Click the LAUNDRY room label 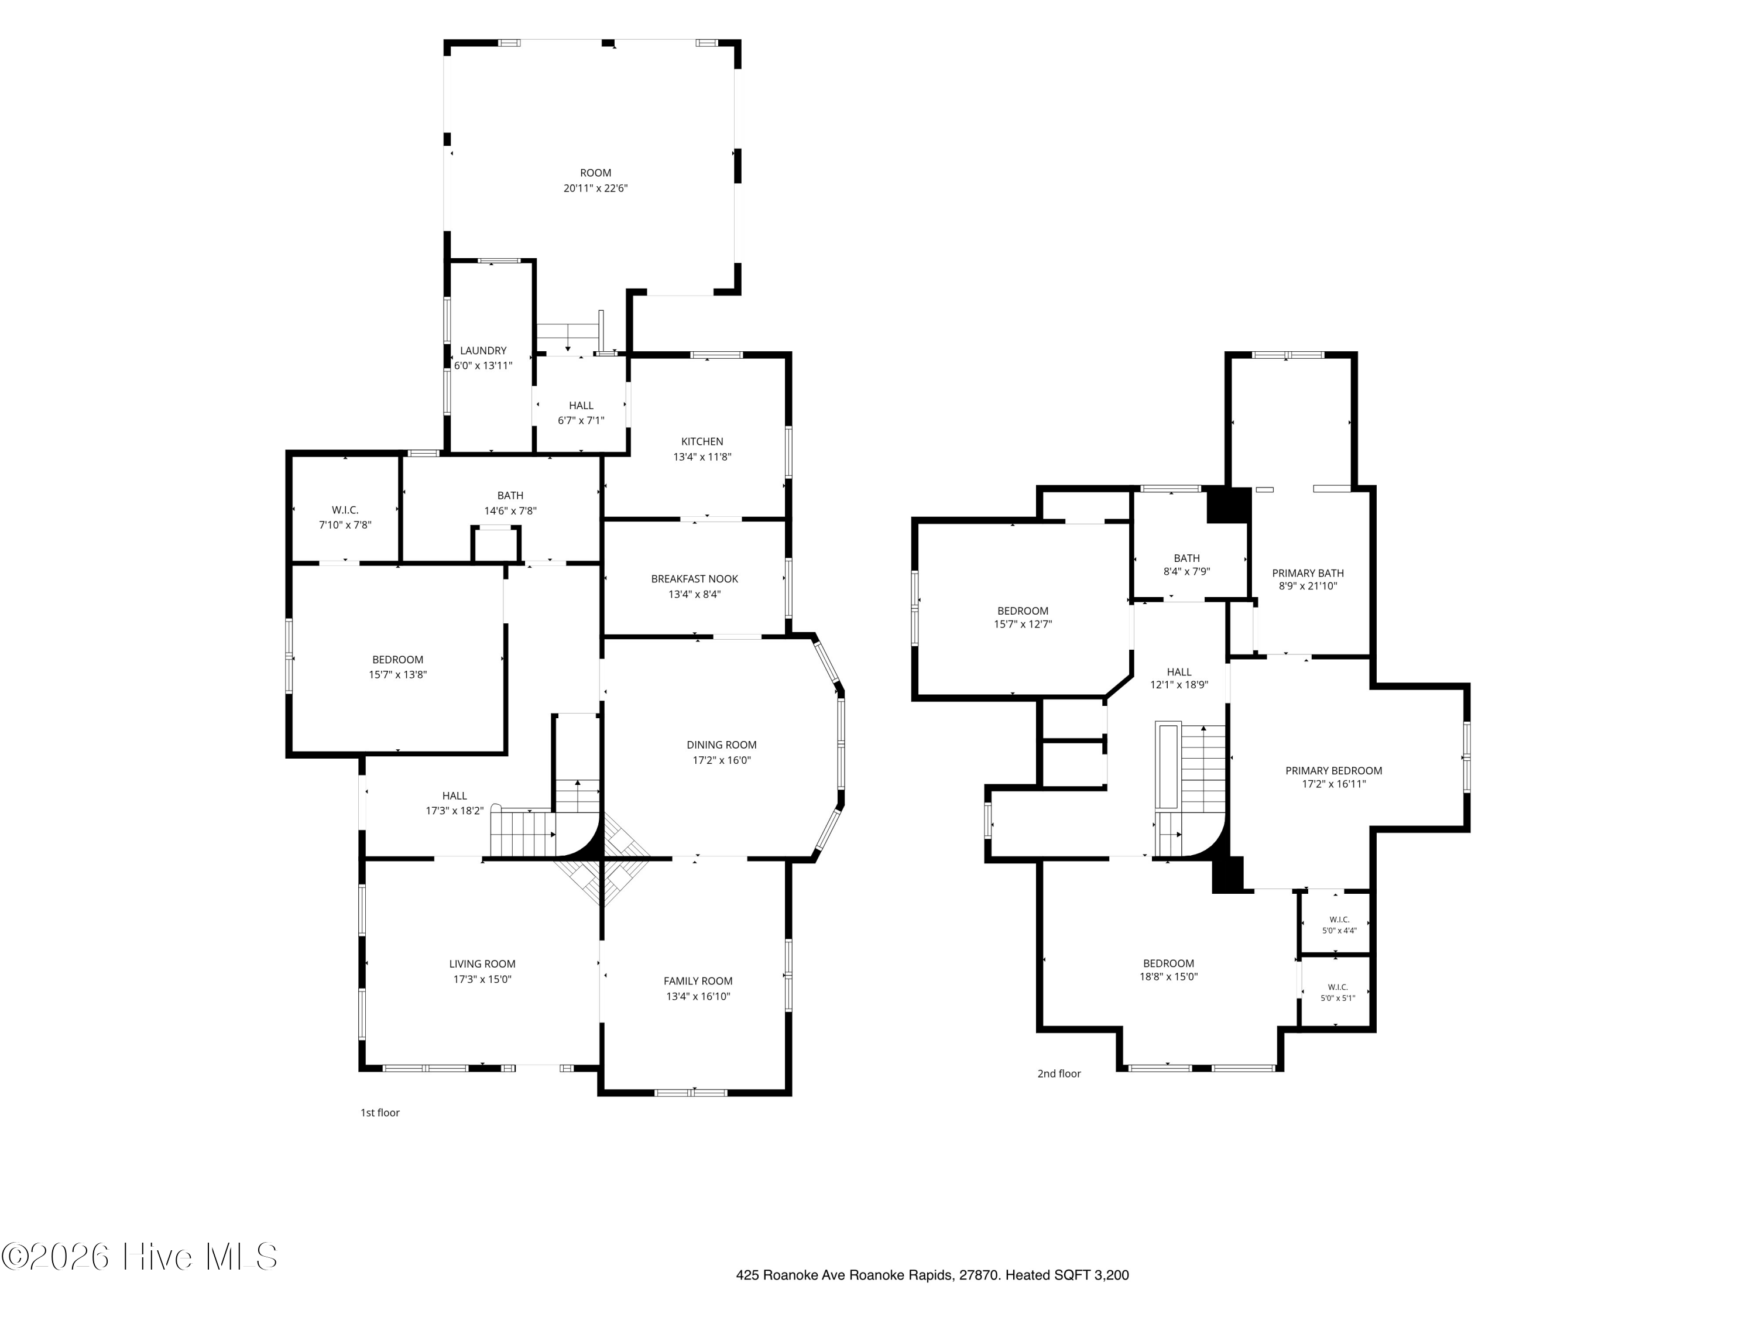click(x=483, y=350)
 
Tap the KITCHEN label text click(x=702, y=441)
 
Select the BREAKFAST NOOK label click(x=695, y=579)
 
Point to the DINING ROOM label click(x=722, y=745)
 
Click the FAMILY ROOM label click(x=698, y=981)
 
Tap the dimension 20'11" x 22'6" click(x=595, y=188)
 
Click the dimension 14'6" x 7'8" click(x=510, y=511)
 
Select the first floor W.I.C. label click(x=345, y=510)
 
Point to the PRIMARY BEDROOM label click(x=1333, y=770)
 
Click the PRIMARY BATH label click(x=1308, y=572)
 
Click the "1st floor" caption click(x=380, y=1112)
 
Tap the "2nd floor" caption click(x=1059, y=1074)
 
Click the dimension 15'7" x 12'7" click(x=1023, y=624)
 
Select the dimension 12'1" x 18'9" click(x=1179, y=684)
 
